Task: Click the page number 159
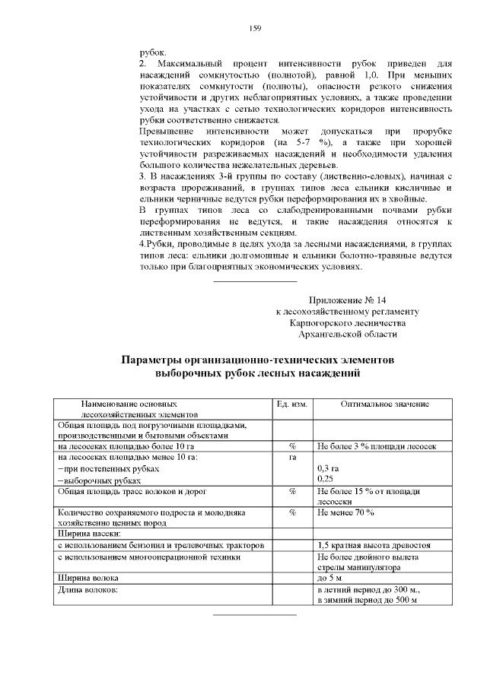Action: (x=255, y=29)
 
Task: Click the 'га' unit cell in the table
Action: (x=291, y=458)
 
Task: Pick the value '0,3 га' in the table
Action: (x=328, y=469)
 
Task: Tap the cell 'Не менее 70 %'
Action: (x=345, y=513)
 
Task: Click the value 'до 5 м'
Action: (x=330, y=579)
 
